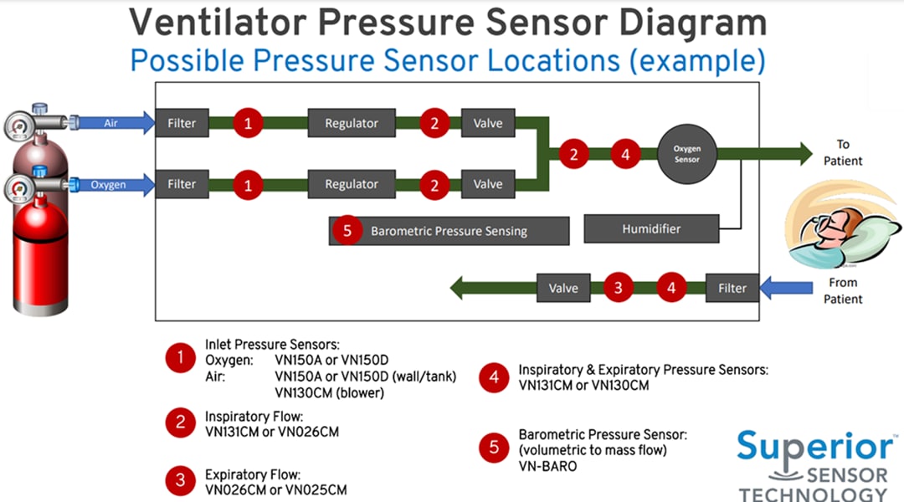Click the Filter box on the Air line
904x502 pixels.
(182, 123)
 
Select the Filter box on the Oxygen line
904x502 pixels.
(182, 184)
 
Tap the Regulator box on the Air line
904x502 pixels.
(352, 123)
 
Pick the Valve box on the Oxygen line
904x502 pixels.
(488, 184)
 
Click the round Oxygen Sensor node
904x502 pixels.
(687, 154)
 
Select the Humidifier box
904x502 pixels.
(650, 228)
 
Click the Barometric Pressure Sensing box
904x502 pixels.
(449, 231)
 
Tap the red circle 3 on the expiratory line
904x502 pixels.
(619, 288)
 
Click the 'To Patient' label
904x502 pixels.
(843, 152)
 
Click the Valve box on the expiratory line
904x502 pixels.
(563, 288)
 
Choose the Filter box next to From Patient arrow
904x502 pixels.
(732, 288)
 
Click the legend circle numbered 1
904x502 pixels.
(180, 360)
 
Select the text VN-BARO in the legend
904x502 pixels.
(547, 466)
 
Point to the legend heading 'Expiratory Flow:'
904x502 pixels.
(252, 474)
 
